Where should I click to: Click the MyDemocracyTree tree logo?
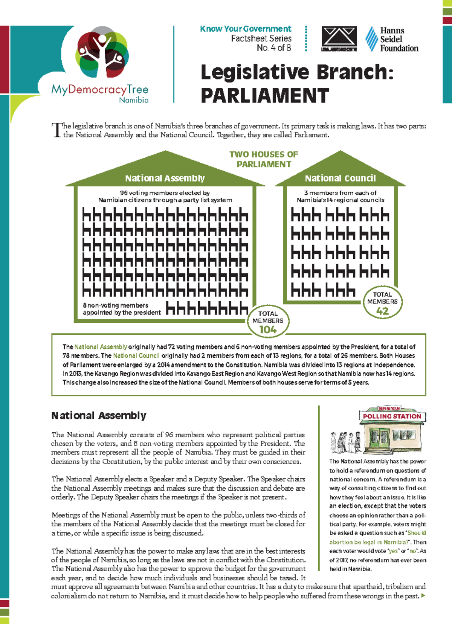pos(102,53)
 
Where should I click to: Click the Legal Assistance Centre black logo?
pos(339,38)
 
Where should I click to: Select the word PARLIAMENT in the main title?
pos(265,96)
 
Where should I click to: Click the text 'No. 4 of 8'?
pos(274,48)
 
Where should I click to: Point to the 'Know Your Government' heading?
pos(246,29)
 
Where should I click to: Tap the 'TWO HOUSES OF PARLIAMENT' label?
pos(264,159)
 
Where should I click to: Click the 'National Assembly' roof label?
pos(165,178)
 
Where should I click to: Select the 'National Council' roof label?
pos(340,178)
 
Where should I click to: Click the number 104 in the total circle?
pos(268,330)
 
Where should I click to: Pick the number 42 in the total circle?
pos(382,311)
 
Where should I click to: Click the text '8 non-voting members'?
pos(115,305)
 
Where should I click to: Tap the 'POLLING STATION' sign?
pos(392,416)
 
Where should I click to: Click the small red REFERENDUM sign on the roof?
pos(389,408)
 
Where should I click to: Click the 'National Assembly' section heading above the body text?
pos(99,415)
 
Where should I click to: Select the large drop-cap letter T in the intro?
pos(56,130)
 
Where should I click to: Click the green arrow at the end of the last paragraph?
pos(423,596)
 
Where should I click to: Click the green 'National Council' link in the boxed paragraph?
pos(136,355)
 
